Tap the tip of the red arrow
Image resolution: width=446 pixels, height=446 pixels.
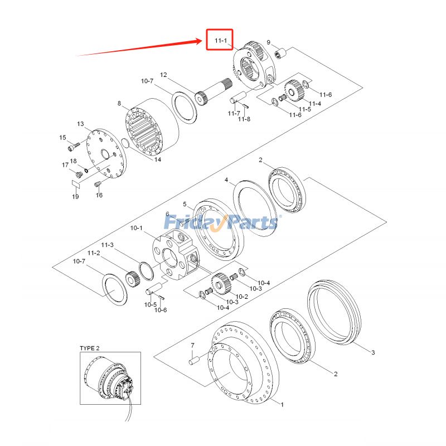pos(202,41)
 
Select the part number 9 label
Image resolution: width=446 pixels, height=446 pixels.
pos(269,42)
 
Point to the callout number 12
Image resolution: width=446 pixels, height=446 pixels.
pos(163,75)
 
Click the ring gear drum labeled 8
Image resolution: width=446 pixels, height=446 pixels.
pos(151,127)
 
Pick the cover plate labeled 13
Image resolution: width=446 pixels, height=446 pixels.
pos(106,154)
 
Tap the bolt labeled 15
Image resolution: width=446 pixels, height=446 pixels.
pos(74,146)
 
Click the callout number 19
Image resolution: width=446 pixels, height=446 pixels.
pos(75,197)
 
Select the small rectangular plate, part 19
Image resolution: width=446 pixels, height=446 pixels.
pos(76,184)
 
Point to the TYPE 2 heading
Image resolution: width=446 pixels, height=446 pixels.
pos(90,348)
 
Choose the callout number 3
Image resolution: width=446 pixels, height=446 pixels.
pos(373,352)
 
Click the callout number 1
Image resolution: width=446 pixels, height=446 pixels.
pos(282,404)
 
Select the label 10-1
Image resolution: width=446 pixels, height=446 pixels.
pos(136,228)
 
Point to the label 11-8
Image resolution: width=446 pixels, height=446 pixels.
pos(244,119)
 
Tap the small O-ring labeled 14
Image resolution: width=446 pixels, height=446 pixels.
pos(125,143)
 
